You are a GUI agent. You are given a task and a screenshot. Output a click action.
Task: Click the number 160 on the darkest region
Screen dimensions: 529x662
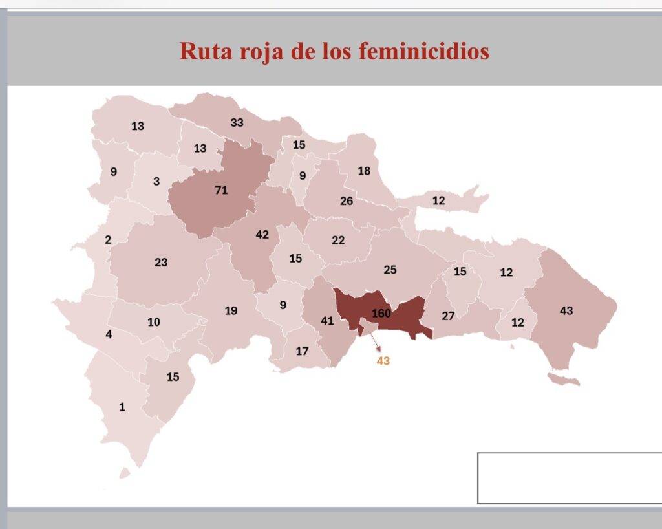(x=382, y=314)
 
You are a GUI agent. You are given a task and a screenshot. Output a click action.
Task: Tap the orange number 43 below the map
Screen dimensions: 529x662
(x=383, y=361)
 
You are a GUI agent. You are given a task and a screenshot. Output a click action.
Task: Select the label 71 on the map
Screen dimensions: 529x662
(x=221, y=190)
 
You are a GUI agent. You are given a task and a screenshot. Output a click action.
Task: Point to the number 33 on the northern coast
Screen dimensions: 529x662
(x=237, y=122)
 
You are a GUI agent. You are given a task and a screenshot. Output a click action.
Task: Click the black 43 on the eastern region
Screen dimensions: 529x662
(x=566, y=311)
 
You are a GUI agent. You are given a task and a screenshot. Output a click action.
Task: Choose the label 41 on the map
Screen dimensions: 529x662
(x=327, y=320)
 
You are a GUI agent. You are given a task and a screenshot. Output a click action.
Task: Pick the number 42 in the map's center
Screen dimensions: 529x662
(x=262, y=235)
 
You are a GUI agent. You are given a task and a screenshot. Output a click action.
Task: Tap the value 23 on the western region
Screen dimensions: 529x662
(x=161, y=263)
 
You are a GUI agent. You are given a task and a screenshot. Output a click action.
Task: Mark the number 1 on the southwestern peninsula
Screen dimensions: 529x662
(x=122, y=407)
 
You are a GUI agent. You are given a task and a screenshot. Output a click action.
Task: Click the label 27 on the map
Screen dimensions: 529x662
(x=448, y=316)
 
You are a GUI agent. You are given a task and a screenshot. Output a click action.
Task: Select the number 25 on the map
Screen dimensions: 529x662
(x=390, y=270)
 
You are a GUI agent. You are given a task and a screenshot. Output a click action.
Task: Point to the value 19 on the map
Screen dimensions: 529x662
(x=231, y=311)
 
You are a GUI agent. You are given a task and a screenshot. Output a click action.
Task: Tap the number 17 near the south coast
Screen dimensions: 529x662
(x=302, y=351)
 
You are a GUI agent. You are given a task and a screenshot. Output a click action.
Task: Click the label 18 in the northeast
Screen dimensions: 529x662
(x=364, y=171)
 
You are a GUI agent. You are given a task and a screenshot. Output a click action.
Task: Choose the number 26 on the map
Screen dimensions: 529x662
(x=347, y=201)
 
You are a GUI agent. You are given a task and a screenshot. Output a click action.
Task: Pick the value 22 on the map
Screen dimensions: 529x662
(x=338, y=240)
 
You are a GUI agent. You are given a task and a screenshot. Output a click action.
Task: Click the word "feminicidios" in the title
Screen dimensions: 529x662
(x=423, y=50)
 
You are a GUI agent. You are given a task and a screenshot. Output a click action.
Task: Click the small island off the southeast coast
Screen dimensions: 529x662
(x=563, y=379)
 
